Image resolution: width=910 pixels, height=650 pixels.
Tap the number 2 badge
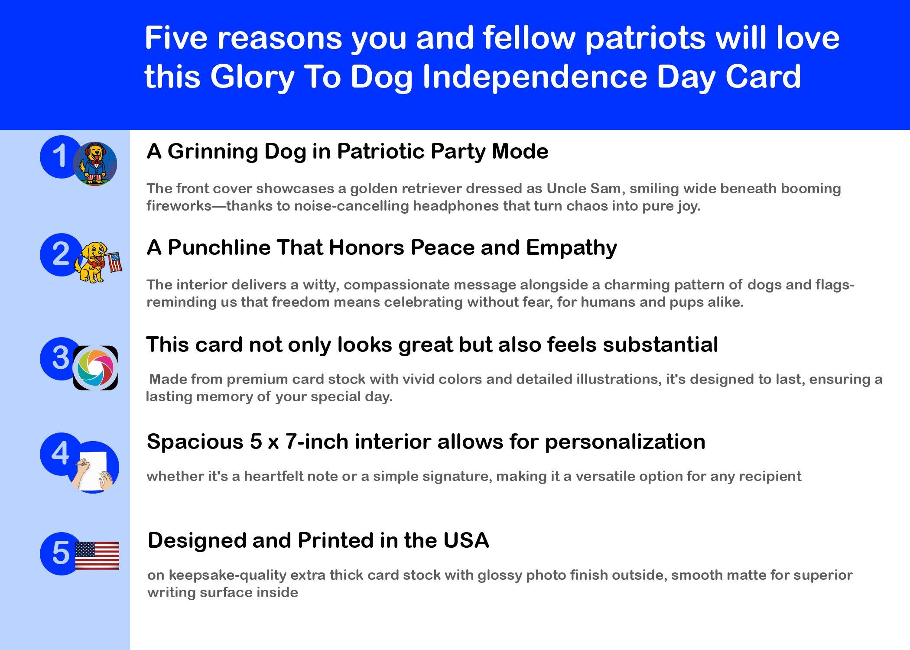61,254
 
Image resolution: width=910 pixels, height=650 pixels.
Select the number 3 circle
61,358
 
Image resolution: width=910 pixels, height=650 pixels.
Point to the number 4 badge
61,454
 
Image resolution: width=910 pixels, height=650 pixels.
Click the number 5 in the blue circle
61,553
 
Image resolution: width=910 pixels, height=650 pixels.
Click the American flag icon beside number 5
97,556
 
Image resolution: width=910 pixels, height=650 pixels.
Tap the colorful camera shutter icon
95,368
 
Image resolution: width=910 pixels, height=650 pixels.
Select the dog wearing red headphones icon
95,164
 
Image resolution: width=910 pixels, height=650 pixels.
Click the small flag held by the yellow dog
114,262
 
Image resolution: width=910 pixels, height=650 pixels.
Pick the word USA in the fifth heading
466,540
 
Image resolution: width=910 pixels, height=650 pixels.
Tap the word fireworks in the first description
179,206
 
